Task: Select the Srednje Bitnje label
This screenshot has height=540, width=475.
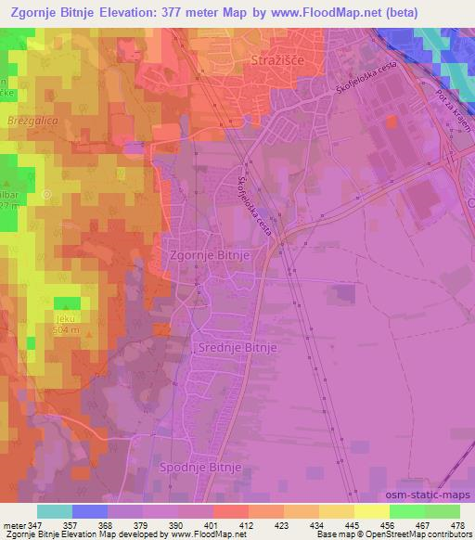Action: pyautogui.click(x=233, y=347)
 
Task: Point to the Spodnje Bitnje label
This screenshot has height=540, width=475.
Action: pyautogui.click(x=200, y=467)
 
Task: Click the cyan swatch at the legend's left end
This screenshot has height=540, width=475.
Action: pyautogui.click(x=55, y=511)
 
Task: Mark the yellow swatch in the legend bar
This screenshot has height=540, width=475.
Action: pyautogui.click(x=370, y=511)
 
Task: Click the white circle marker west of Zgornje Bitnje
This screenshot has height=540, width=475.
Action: pyautogui.click(x=47, y=194)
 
